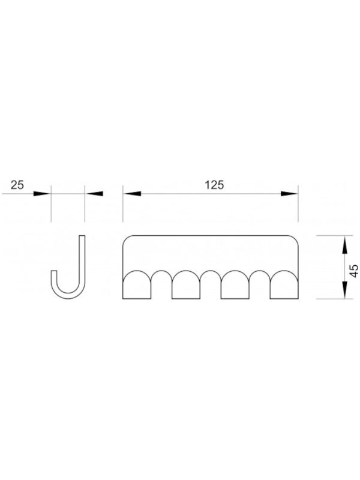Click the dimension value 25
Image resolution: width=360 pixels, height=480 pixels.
[17, 185]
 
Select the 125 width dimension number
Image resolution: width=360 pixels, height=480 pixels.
[214, 185]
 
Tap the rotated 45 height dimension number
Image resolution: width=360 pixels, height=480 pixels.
[354, 271]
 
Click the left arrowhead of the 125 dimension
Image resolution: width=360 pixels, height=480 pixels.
[132, 194]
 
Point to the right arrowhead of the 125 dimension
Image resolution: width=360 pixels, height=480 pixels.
[289, 194]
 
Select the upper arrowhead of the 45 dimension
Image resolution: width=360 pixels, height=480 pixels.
[344, 245]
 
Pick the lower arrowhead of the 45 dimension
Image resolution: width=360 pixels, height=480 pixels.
[344, 290]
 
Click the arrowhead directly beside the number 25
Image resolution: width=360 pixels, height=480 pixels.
[42, 194]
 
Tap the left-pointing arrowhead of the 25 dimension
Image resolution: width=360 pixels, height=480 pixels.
[94, 194]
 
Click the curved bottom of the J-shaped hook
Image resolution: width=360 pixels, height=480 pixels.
[68, 298]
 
